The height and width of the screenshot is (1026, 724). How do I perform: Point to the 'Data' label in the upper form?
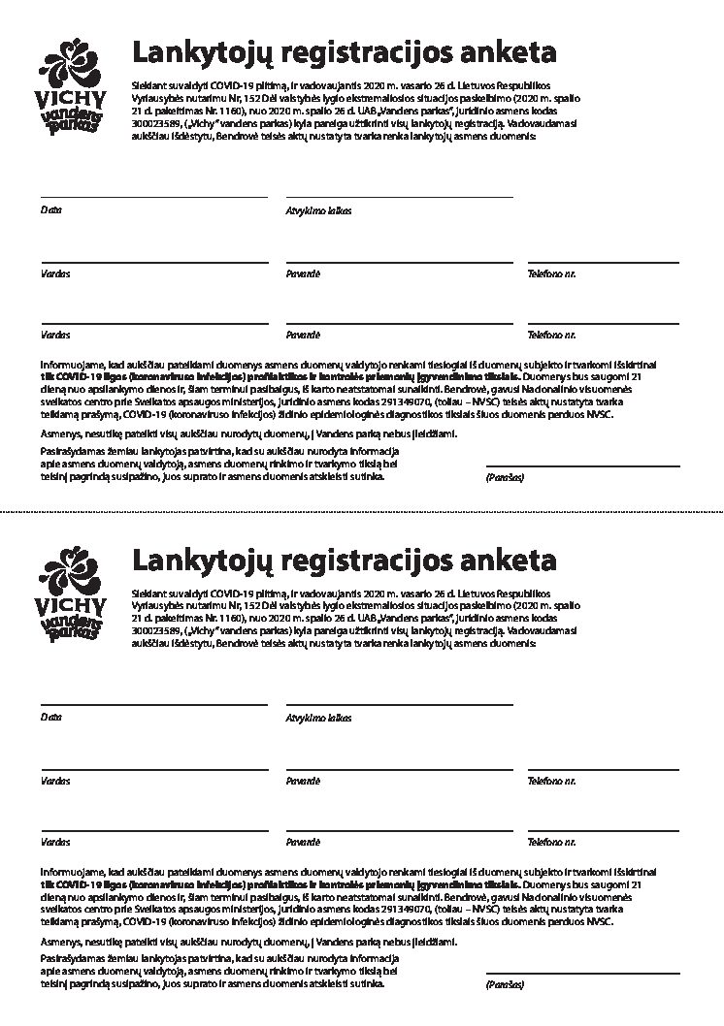(x=50, y=210)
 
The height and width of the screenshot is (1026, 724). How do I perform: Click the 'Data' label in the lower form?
(x=50, y=718)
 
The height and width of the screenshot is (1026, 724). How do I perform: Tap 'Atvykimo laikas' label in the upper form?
(x=318, y=210)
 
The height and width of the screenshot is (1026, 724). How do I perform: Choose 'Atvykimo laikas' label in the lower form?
(x=318, y=718)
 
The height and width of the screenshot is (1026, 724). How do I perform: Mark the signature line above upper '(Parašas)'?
(x=582, y=466)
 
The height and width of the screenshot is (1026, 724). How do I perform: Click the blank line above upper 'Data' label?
(x=154, y=198)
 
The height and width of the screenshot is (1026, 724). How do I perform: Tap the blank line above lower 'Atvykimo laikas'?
(x=399, y=704)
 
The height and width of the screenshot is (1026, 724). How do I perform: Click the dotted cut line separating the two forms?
(x=362, y=510)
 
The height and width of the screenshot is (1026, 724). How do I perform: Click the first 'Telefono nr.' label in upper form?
(x=551, y=274)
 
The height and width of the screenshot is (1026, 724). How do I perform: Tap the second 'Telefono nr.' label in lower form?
(x=551, y=843)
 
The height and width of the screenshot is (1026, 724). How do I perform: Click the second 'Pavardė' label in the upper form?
(x=303, y=336)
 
